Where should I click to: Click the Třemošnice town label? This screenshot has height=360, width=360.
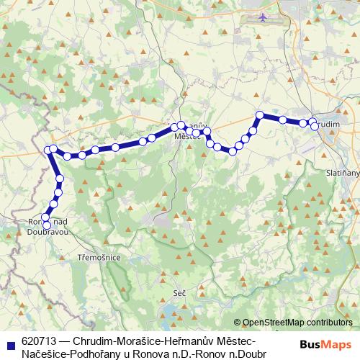[x=98, y=257]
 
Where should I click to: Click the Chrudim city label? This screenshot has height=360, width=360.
[x=327, y=125]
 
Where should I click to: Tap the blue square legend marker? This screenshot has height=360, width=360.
[x=11, y=339]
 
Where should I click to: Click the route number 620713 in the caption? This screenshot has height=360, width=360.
[x=40, y=339]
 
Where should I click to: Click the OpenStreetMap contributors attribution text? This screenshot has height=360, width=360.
[x=297, y=323]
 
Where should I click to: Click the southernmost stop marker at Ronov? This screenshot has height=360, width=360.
[x=47, y=225]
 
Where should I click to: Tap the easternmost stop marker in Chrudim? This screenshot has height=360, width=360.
[x=315, y=127]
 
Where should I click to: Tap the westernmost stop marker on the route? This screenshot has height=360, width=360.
[x=48, y=150]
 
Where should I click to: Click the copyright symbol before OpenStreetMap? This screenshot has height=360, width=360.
[x=238, y=323]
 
